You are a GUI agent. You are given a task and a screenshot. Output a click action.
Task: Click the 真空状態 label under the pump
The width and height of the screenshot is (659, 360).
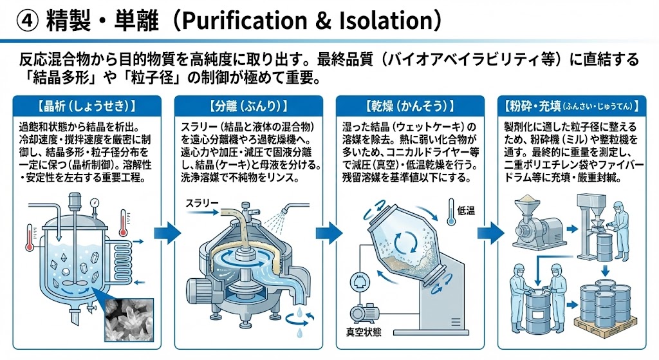(x=364, y=333)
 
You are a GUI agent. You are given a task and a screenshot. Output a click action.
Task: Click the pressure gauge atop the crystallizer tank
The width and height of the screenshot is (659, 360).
(x=95, y=203)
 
